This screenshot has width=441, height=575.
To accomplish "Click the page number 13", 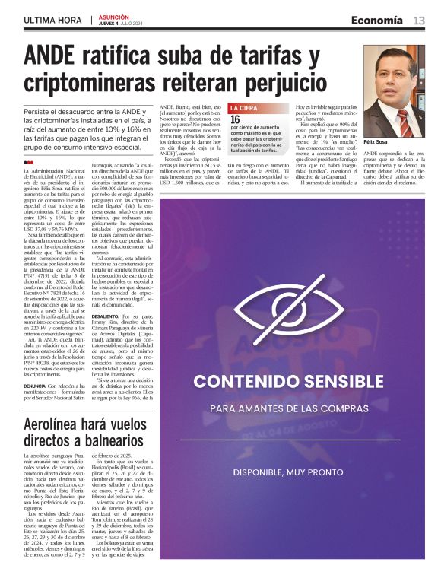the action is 419,21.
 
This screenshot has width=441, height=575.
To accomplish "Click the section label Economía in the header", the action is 377,21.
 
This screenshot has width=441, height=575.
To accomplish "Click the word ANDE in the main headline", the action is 53,57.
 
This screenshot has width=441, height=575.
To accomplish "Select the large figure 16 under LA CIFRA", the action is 236,120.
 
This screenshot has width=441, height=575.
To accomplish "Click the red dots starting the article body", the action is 29,162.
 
